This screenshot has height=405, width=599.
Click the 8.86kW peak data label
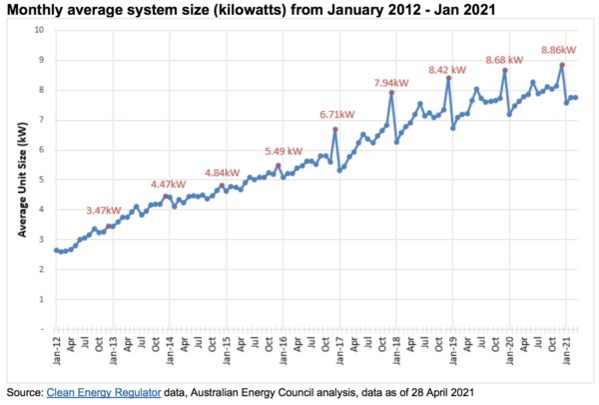[x=556, y=48]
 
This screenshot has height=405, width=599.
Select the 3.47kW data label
[x=103, y=210]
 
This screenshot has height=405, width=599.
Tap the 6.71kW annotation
[x=336, y=113]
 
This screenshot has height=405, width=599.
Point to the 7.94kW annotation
[x=390, y=82]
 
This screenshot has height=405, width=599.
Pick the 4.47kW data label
[x=168, y=184]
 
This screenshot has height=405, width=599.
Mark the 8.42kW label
[x=446, y=70]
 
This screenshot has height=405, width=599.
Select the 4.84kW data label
[x=223, y=172]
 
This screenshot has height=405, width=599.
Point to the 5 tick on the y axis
[x=41, y=180]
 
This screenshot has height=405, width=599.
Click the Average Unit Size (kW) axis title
[x=21, y=180]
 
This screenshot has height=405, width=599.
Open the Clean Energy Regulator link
[x=103, y=393]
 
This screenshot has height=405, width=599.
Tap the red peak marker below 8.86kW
[x=563, y=65]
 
